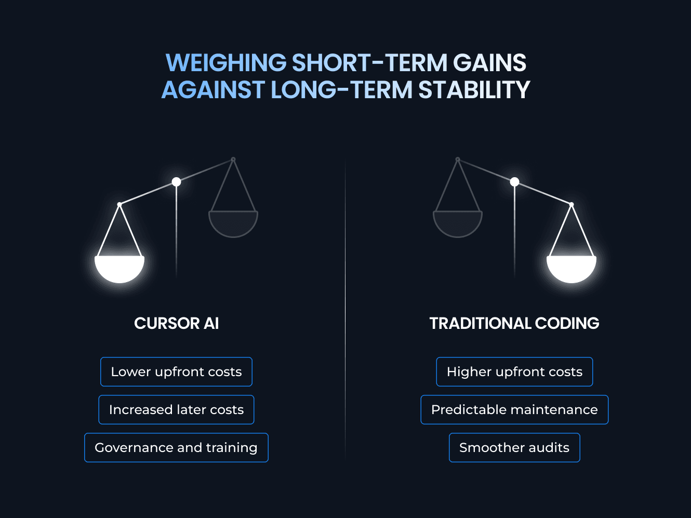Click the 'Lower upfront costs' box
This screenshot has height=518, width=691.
[176, 371]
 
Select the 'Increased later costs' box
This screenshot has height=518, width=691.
[176, 409]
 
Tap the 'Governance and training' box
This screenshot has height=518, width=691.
[176, 447]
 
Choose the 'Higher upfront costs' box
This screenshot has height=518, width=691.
[514, 371]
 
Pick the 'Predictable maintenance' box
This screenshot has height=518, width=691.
[514, 409]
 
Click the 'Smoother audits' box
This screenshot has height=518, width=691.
[514, 447]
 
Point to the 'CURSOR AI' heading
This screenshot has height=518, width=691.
[176, 323]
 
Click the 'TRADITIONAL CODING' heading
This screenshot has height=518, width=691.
[514, 323]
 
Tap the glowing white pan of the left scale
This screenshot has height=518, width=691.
[119, 268]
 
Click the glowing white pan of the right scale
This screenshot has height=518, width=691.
[572, 268]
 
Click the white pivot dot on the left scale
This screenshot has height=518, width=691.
[176, 182]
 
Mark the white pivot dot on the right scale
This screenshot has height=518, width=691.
[514, 182]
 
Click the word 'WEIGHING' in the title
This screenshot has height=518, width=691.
[226, 63]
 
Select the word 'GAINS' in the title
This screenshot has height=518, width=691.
[489, 63]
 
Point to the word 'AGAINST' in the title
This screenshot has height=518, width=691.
[213, 90]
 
